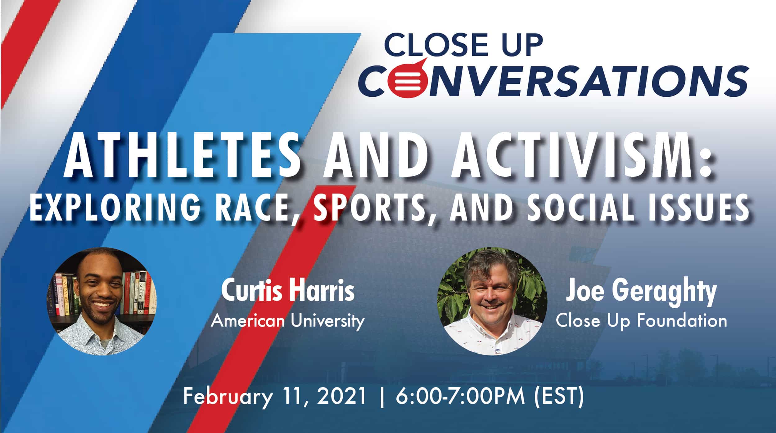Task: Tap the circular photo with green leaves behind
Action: pos(492,301)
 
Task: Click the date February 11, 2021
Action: pos(274,397)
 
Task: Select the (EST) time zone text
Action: pos(559,398)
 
